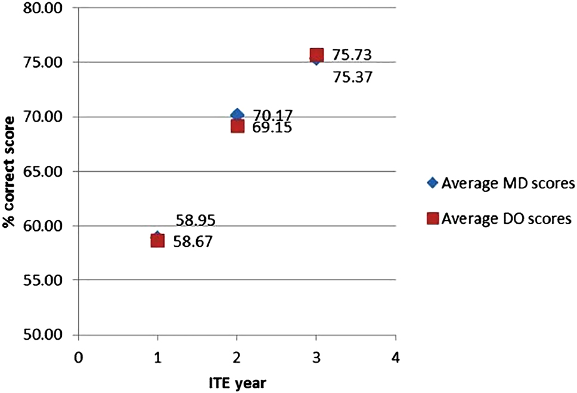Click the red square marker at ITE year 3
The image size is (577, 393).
(x=317, y=55)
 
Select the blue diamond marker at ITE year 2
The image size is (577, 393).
(x=237, y=115)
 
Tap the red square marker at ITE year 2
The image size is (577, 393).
(x=237, y=126)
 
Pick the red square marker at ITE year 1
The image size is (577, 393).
(x=157, y=241)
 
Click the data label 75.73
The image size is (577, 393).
(x=352, y=55)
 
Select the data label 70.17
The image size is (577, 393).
(x=272, y=116)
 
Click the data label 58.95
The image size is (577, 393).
(x=196, y=221)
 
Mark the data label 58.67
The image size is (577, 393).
(x=193, y=242)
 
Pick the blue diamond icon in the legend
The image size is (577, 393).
(x=433, y=183)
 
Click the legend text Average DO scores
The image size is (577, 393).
(x=507, y=219)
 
